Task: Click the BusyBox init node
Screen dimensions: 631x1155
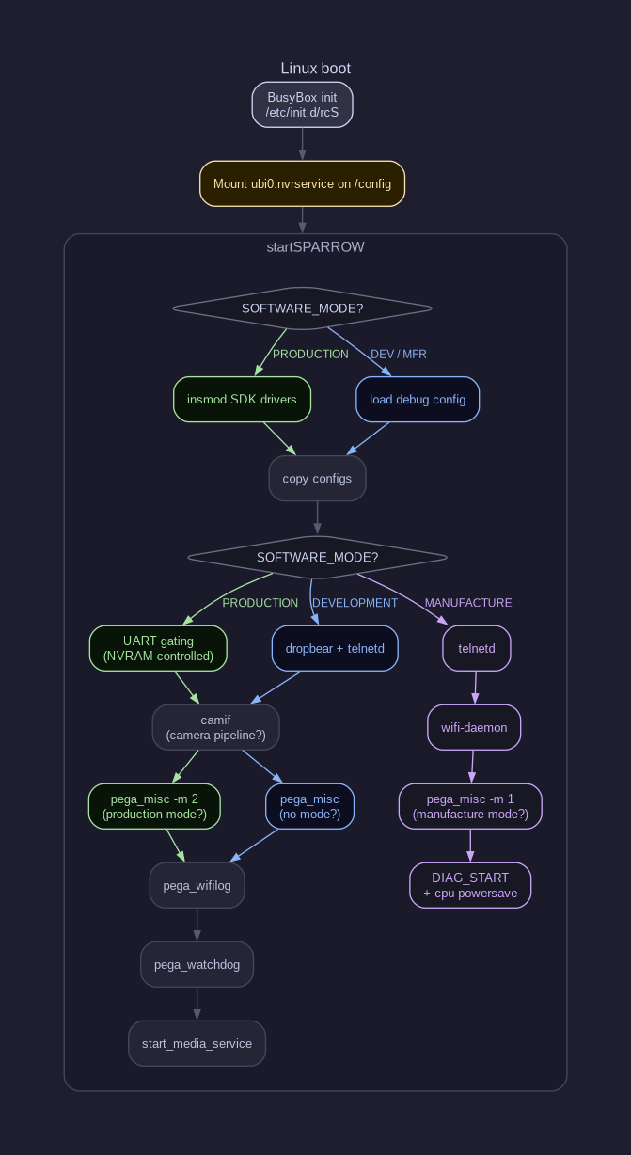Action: [x=302, y=104]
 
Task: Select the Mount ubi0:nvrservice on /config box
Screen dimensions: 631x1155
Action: [x=302, y=183]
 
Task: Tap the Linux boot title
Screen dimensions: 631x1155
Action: [x=316, y=68]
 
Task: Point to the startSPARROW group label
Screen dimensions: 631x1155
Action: [x=316, y=247]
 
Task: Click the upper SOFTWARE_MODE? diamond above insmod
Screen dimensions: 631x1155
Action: [x=302, y=309]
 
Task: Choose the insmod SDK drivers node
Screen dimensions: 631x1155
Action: [x=242, y=399]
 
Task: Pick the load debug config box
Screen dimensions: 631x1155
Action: [x=418, y=399]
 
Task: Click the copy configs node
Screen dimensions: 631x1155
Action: [x=317, y=479]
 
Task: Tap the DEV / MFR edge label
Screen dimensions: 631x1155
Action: [x=399, y=355]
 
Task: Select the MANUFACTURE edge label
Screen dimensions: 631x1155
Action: [x=468, y=603]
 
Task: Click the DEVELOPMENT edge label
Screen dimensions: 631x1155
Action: [x=355, y=603]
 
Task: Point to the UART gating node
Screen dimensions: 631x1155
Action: [x=158, y=648]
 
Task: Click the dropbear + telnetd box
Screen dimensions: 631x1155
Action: [x=335, y=648]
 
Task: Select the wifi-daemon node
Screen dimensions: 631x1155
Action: [x=474, y=727]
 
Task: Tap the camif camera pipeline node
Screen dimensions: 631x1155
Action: [x=215, y=727]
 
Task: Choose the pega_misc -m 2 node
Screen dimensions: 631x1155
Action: [x=154, y=806]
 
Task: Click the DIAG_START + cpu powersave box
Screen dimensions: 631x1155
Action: [x=470, y=885]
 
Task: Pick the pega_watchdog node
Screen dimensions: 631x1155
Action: [x=197, y=964]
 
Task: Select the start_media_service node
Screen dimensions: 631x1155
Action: [x=197, y=1043]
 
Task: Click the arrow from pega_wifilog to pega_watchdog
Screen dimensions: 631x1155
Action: [x=197, y=925]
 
